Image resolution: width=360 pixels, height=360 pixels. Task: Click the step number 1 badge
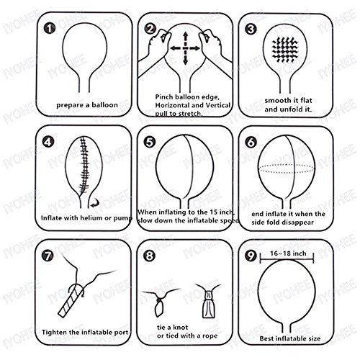coord(50,29)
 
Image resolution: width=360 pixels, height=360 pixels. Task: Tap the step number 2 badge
coord(150,29)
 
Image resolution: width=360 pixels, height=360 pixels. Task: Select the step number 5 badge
coord(149,142)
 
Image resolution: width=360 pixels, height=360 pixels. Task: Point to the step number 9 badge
coord(251,256)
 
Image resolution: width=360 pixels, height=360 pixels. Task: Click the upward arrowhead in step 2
coord(185,35)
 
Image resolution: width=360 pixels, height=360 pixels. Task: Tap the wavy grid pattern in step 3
coord(285,50)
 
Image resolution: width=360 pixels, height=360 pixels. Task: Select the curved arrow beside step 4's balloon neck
coord(95,204)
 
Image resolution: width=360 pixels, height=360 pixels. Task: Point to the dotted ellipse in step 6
coord(286,168)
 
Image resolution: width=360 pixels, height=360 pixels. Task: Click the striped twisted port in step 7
coord(71,300)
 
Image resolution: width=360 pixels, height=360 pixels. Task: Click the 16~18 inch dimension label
coord(288,253)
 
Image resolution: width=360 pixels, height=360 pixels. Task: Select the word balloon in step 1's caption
coord(105,105)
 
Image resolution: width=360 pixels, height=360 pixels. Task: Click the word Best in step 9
coord(266,338)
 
